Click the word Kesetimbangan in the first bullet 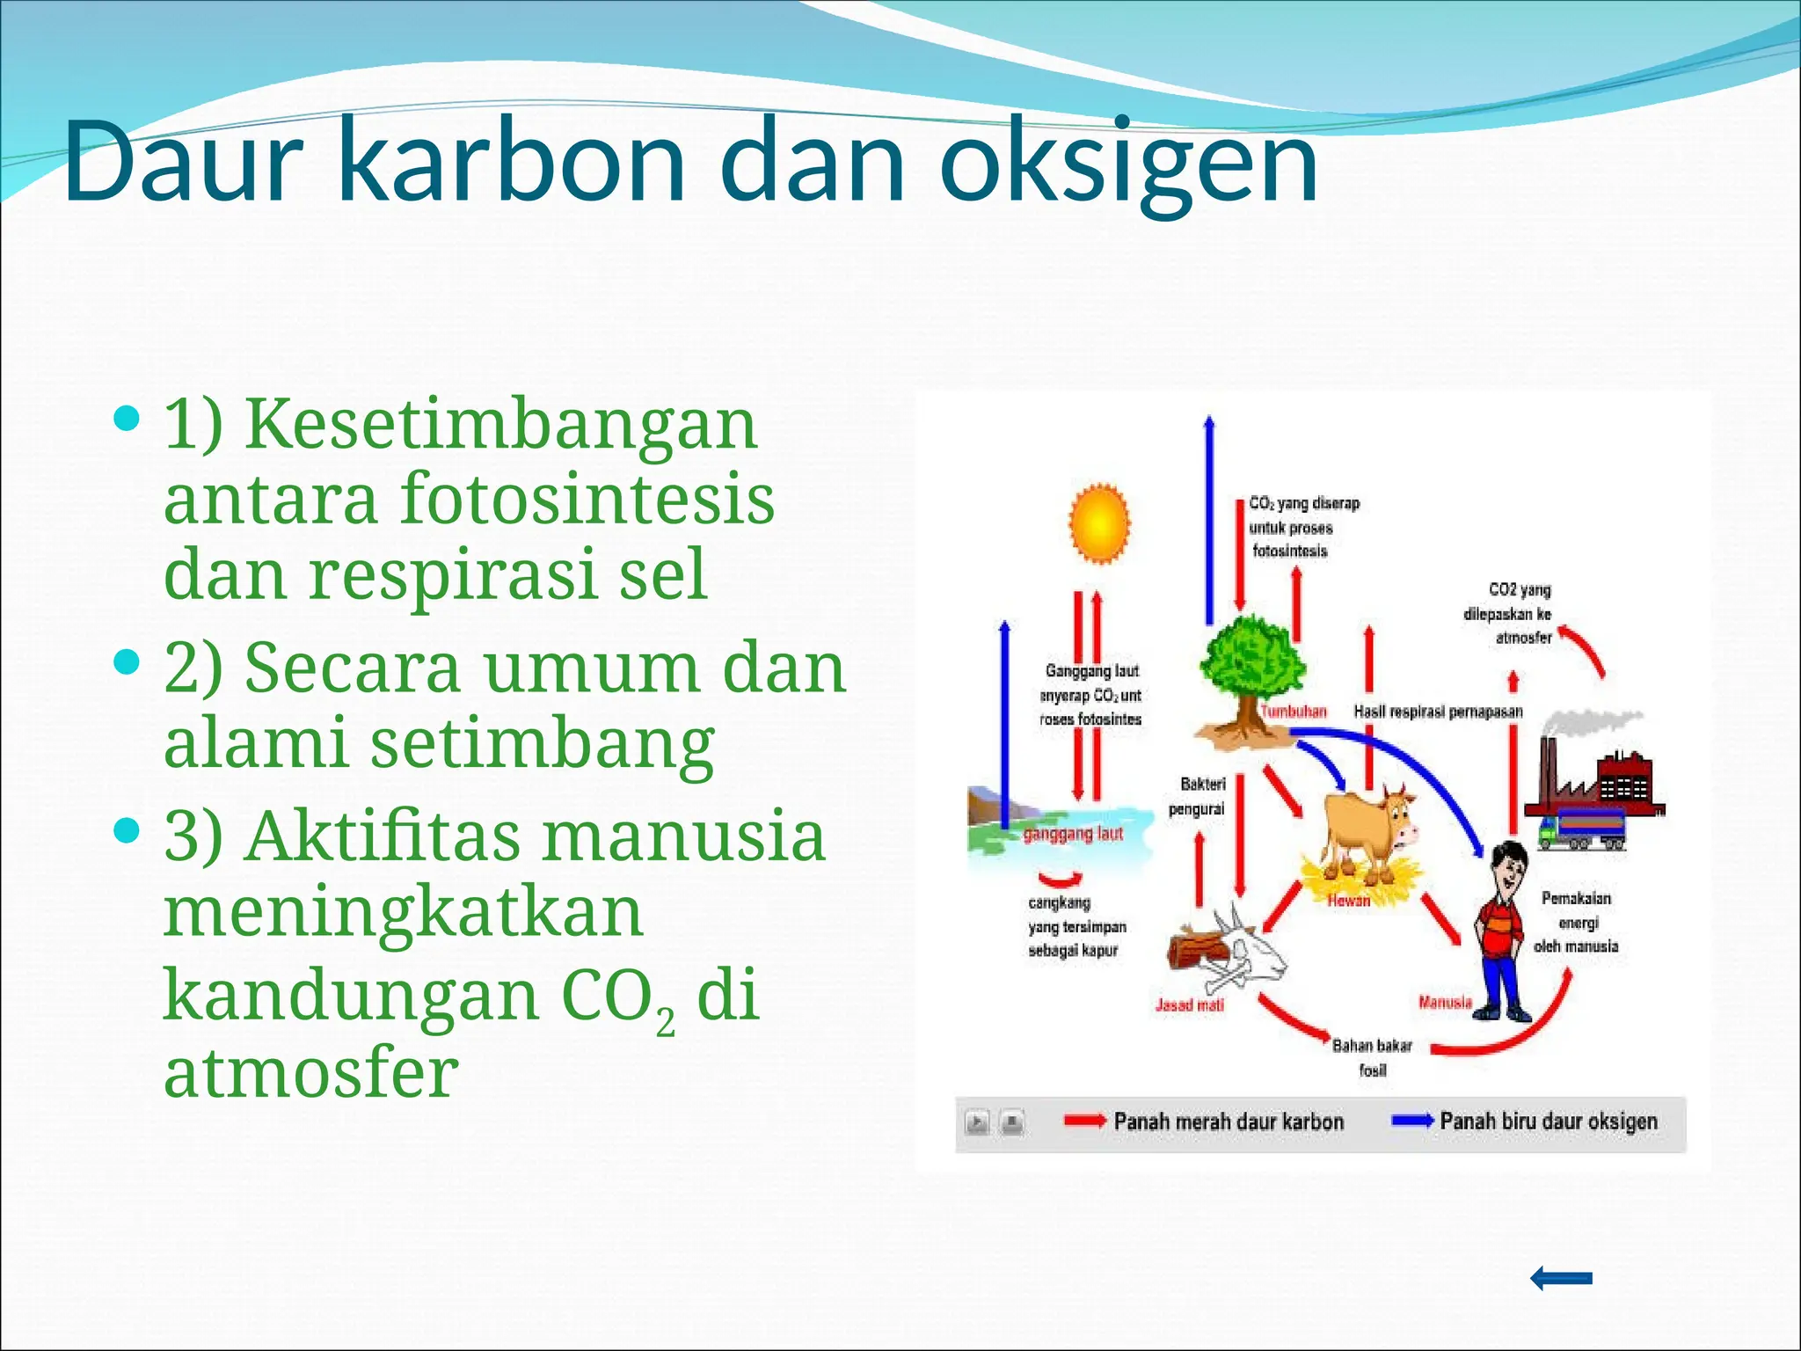(x=500, y=424)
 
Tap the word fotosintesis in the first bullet (x=587, y=498)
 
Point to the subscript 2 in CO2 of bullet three (x=666, y=1022)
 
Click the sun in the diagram (x=1098, y=524)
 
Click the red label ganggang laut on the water (x=1073, y=833)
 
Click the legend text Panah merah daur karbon (x=1228, y=1121)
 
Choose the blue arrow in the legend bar (x=1411, y=1121)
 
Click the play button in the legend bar (x=977, y=1123)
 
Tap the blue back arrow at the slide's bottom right (x=1561, y=1278)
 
